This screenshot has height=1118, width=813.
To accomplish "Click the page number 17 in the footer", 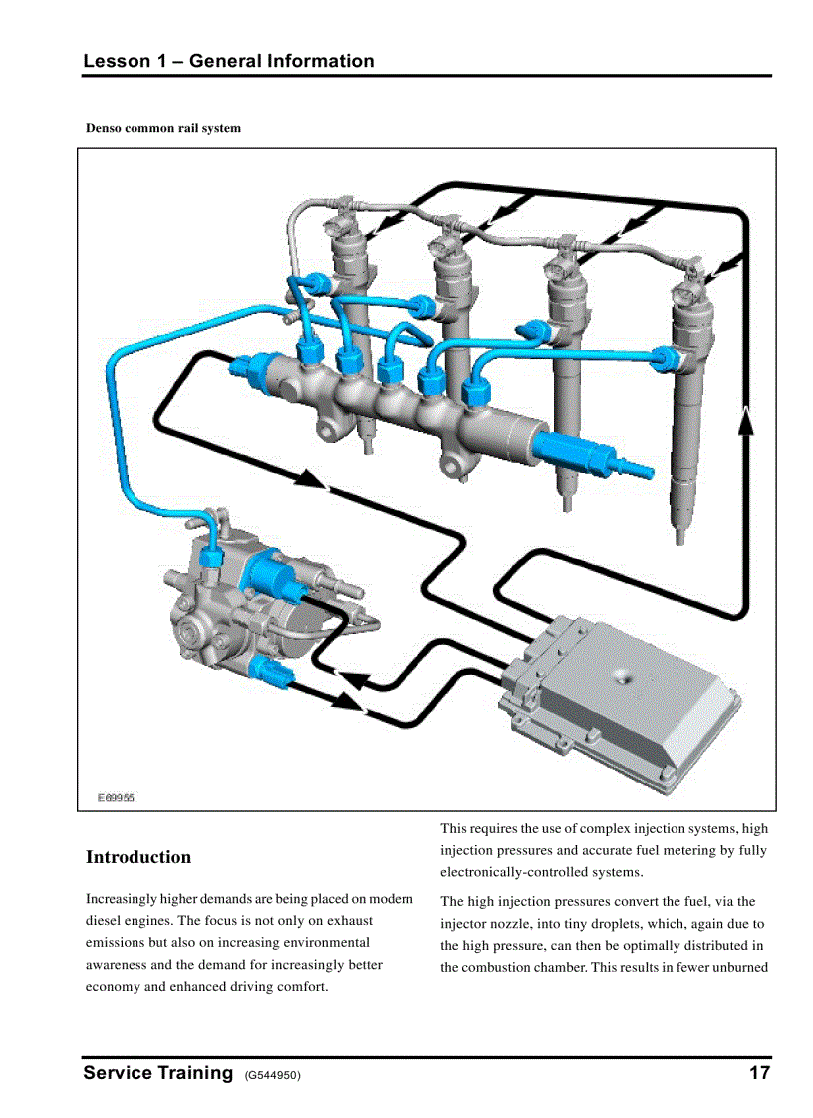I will tap(759, 1073).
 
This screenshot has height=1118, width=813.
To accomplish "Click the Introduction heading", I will tap(138, 857).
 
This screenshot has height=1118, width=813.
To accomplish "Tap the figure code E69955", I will tap(116, 797).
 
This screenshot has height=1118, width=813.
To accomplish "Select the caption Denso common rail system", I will tap(162, 128).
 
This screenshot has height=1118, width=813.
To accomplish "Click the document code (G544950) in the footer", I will tap(272, 1075).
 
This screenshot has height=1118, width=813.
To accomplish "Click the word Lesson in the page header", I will tap(115, 61).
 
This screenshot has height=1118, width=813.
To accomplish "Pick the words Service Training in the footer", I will tap(157, 1073).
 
